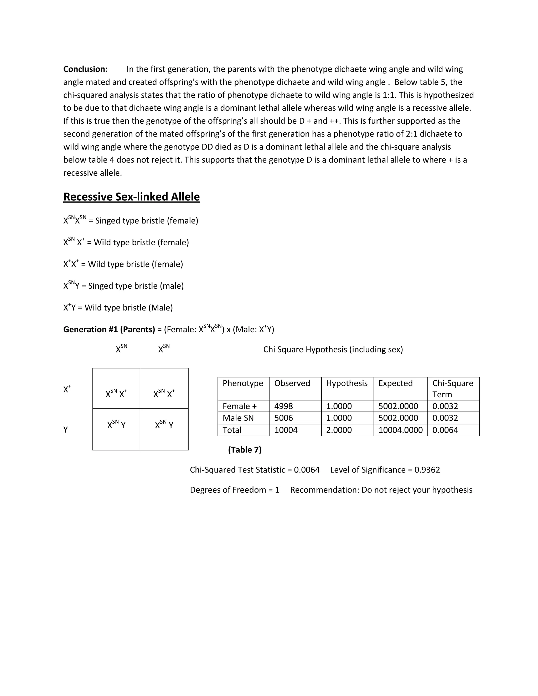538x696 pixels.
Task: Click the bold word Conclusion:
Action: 85,69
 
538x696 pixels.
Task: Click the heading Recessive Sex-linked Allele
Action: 131,197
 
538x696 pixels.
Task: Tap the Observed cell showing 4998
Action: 283,406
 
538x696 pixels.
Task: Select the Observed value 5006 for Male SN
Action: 283,418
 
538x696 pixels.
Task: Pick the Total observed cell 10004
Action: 286,430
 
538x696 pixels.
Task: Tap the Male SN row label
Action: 238,418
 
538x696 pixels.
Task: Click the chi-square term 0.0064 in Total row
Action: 445,430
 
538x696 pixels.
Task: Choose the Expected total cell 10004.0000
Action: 400,430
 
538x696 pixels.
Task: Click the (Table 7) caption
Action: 245,450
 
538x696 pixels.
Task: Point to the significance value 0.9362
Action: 427,470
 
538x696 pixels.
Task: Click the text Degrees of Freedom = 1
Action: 235,490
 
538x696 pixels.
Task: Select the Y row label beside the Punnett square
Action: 66,430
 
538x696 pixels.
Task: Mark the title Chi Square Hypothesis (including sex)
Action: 333,349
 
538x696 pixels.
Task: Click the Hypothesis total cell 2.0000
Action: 339,430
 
